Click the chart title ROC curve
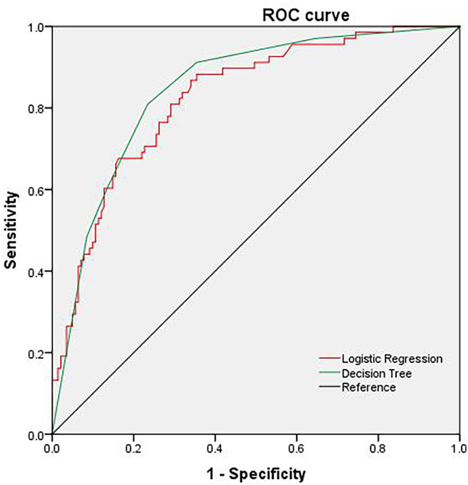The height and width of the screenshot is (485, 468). click(x=305, y=15)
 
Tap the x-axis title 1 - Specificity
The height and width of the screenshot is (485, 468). click(x=255, y=473)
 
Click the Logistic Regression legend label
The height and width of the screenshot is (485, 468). click(x=392, y=359)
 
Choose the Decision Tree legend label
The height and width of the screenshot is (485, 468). click(x=377, y=373)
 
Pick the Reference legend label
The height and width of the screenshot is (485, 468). click(x=368, y=387)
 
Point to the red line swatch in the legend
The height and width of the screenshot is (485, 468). click(x=329, y=359)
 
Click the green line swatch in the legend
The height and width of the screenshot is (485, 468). click(x=329, y=373)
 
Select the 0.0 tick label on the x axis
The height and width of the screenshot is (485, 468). click(x=52, y=447)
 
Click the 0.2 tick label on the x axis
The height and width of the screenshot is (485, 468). click(x=133, y=447)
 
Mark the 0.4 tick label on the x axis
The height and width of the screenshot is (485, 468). click(x=215, y=447)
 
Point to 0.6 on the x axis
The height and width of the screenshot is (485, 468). click(x=296, y=447)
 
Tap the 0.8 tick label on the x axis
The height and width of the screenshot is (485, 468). click(x=378, y=447)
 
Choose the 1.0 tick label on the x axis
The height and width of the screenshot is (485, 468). click(x=459, y=447)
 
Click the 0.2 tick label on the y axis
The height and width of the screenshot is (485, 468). click(x=38, y=353)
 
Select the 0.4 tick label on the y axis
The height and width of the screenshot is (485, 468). click(x=38, y=271)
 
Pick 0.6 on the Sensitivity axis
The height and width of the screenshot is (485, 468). click(x=38, y=190)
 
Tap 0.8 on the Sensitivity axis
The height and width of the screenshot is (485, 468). click(x=38, y=108)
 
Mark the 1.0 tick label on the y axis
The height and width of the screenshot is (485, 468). click(x=38, y=26)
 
